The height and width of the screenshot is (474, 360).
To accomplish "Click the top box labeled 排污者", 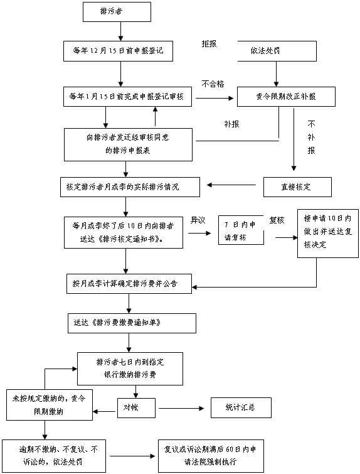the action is [117, 12].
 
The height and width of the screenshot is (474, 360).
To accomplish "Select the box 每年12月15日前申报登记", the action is [118, 51].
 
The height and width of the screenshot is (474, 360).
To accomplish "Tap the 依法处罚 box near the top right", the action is [277, 51].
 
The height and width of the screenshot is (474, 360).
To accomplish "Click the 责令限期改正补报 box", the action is [286, 97].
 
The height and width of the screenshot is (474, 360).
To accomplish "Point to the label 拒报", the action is [209, 44].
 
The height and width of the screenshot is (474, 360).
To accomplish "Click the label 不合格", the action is [213, 83].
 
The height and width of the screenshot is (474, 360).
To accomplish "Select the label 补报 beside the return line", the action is [231, 124].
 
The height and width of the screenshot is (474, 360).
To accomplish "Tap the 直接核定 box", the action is [297, 187].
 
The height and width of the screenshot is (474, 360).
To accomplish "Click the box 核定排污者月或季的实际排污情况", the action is [130, 187].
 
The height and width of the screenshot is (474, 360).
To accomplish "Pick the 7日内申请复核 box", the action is [241, 230].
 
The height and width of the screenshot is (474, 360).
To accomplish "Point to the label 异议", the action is [198, 220].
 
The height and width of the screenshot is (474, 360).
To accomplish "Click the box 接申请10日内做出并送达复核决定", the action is [328, 234].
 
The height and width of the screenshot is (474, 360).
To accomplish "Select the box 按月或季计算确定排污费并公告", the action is [129, 284].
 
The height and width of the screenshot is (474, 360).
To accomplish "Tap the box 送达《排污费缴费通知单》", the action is [132, 323].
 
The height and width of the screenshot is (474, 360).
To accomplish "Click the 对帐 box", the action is [137, 408].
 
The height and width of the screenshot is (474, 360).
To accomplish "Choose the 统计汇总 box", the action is [241, 408].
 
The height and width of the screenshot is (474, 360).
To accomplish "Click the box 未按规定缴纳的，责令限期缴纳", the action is [50, 405].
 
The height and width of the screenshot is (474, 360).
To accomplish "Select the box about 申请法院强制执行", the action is [211, 456].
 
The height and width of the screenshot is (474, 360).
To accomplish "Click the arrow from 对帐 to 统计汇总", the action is [181, 409].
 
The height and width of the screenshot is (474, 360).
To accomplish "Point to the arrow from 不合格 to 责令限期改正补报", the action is [214, 98].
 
